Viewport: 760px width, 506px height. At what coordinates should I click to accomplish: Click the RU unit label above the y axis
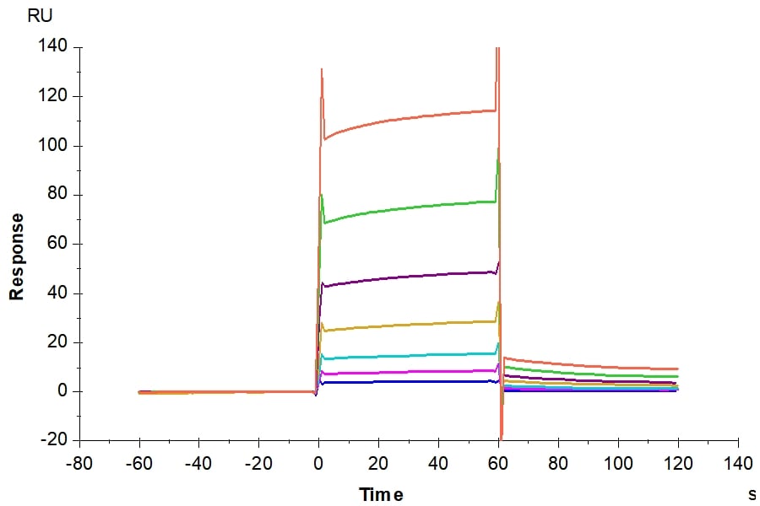(41, 15)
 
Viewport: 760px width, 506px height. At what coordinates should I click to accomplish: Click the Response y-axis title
(16, 256)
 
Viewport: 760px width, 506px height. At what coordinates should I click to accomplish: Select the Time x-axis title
(381, 494)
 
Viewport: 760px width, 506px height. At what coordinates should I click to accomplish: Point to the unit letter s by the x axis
(752, 494)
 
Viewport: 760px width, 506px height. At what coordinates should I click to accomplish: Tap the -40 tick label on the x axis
(198, 463)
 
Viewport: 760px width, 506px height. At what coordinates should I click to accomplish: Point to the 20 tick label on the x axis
(378, 463)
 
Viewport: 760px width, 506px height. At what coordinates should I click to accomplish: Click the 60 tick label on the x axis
(498, 463)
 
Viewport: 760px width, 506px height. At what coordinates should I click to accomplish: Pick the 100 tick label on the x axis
(618, 463)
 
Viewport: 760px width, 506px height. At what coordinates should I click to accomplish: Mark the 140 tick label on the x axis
(738, 463)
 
